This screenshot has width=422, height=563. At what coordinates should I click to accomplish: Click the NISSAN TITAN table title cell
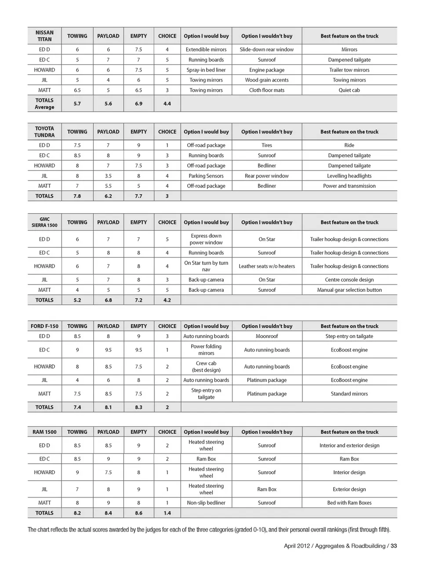pos(44,36)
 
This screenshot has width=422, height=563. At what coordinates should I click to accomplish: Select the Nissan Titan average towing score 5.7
pos(77,104)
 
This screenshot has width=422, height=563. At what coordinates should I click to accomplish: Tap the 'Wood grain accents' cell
pos(267,80)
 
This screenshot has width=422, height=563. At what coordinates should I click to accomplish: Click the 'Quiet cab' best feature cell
pos(349,90)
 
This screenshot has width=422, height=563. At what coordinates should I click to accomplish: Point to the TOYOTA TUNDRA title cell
pos(44,132)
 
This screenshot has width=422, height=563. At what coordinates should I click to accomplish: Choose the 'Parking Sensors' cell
pos(206,176)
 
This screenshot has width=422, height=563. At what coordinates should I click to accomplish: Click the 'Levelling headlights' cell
pos(349,176)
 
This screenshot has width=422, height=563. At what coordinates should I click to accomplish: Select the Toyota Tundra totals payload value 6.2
pos(108,196)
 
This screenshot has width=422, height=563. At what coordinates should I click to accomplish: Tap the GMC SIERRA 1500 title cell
pos(44,222)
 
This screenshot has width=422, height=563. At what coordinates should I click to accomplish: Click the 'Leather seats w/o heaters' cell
pos(267,266)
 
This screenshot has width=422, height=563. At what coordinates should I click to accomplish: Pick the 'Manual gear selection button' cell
pos(349,290)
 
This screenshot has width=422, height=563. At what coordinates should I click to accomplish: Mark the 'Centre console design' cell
pos(349,280)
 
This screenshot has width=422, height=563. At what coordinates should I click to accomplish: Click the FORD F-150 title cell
pos(44,326)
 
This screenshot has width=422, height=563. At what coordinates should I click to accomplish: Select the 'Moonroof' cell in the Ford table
pos(267,336)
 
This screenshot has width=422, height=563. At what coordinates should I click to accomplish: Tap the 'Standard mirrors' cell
pos(349,394)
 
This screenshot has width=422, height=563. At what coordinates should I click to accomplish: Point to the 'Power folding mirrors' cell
pos(206,350)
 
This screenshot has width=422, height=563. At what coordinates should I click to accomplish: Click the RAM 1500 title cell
pos(44,432)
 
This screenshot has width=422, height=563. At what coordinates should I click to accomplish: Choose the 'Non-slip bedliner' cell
pos(206,503)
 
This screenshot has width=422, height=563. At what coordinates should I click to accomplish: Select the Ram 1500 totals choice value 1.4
pos(167,513)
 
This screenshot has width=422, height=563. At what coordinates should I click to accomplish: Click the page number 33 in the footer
pos(393,546)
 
